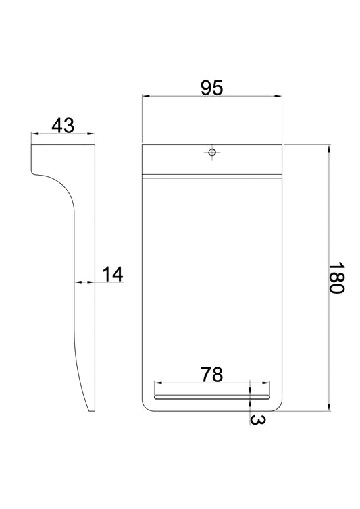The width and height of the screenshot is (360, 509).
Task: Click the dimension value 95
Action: [212, 88]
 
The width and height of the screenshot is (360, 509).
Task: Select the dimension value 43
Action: [63, 126]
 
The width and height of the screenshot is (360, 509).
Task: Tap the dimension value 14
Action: [113, 274]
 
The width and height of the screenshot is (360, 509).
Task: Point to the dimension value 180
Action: [336, 277]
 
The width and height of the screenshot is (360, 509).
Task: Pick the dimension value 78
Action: [212, 375]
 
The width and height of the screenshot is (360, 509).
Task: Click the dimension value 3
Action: [257, 420]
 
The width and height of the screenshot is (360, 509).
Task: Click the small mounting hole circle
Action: [212, 152]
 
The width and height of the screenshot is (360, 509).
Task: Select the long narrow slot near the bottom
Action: [212, 397]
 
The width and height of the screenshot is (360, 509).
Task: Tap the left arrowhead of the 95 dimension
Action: [146, 96]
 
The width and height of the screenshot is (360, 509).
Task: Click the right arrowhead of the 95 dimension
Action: [278, 96]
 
